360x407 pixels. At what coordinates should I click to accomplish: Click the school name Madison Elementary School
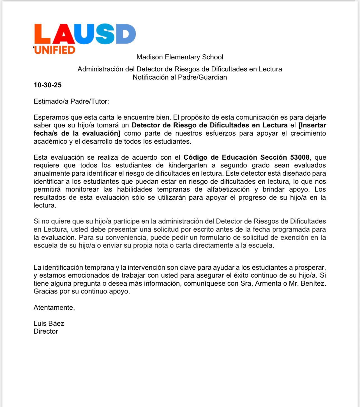point(180,57)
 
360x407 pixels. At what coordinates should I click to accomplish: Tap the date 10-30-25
point(47,85)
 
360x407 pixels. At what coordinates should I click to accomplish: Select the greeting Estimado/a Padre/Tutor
point(71,101)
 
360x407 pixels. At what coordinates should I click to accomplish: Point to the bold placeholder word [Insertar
point(312,125)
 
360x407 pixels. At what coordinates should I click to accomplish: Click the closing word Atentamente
point(54,308)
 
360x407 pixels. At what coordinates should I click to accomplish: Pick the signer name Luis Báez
point(49,324)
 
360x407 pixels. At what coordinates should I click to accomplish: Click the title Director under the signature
point(46,331)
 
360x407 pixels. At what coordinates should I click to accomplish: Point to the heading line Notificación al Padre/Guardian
point(180,77)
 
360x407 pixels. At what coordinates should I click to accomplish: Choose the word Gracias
point(45,291)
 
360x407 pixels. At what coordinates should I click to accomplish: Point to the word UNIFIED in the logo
point(55,50)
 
